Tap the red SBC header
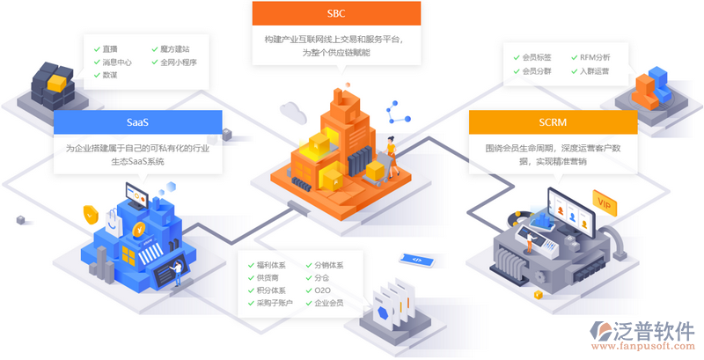click(x=335, y=14)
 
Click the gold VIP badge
click(x=604, y=204)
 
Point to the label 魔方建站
click(x=174, y=49)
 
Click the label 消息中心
click(x=117, y=62)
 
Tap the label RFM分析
click(x=594, y=57)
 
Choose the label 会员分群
click(x=536, y=71)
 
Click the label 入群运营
click(x=594, y=71)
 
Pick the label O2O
click(x=322, y=290)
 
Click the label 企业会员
click(x=329, y=304)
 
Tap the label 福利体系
click(x=272, y=265)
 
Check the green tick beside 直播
click(x=95, y=49)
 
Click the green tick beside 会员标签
click(x=515, y=57)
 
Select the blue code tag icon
click(x=412, y=260)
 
